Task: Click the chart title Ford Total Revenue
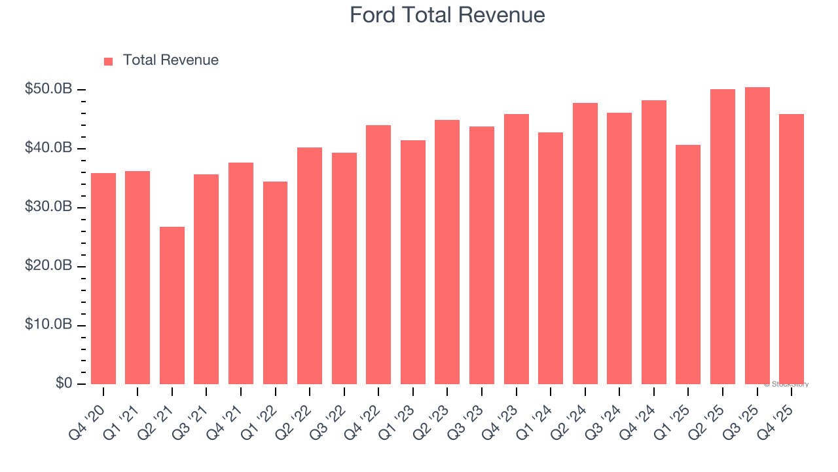[446, 15]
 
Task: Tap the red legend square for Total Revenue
[109, 61]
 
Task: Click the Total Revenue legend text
[170, 60]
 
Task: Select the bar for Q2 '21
[172, 305]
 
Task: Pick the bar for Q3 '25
[757, 236]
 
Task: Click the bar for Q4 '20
[103, 279]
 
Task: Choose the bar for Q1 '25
[688, 264]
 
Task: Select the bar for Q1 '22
[275, 283]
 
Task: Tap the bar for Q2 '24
[585, 243]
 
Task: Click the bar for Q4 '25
[792, 249]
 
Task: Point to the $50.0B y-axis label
[48, 89]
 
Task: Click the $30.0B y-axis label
[48, 207]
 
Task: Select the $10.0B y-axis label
[48, 325]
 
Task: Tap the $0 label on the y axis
[64, 383]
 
